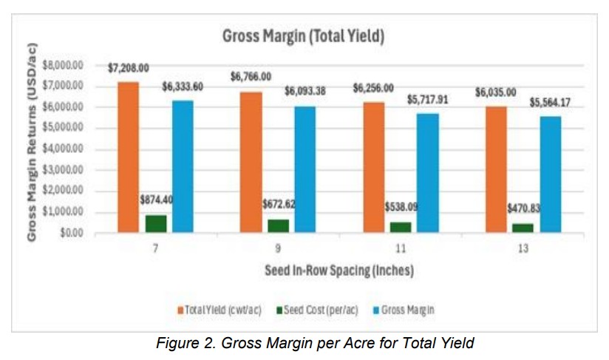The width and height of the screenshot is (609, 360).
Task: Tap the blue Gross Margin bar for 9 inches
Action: click(304, 169)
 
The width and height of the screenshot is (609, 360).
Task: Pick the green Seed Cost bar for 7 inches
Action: click(155, 223)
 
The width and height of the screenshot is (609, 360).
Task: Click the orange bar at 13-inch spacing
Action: click(496, 169)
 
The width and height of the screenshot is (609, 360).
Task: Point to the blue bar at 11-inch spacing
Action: click(427, 173)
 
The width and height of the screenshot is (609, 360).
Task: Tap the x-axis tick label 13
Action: click(523, 250)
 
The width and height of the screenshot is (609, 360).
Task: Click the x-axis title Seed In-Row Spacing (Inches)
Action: click(339, 271)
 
